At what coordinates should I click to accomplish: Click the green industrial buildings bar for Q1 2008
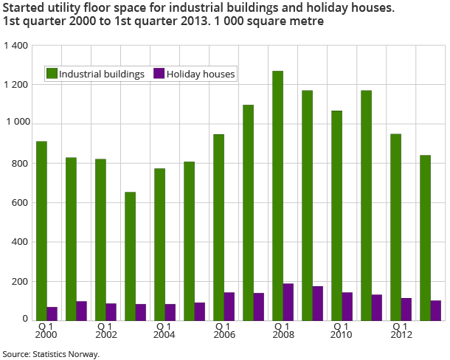pyautogui.click(x=277, y=195)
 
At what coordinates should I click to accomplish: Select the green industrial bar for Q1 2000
pyautogui.click(x=41, y=231)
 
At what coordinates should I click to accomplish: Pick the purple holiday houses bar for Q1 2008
pyautogui.click(x=288, y=302)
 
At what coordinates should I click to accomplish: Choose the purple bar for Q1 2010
pyautogui.click(x=347, y=306)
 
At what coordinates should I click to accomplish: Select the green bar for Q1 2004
pyautogui.click(x=159, y=244)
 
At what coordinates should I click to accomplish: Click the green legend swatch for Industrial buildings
pyautogui.click(x=52, y=74)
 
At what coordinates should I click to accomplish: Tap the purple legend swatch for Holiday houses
pyautogui.click(x=159, y=74)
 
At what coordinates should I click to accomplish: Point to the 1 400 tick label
pyautogui.click(x=15, y=46)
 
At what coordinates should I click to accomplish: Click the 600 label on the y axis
pyautogui.click(x=20, y=203)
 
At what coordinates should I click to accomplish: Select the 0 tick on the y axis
pyautogui.click(x=25, y=320)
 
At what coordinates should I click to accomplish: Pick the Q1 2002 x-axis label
pyautogui.click(x=105, y=330)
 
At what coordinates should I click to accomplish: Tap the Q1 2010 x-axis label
pyautogui.click(x=342, y=330)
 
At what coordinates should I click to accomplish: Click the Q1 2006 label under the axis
pyautogui.click(x=224, y=330)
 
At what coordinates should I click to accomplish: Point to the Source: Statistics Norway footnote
pyautogui.click(x=50, y=354)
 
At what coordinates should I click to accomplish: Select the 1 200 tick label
pyautogui.click(x=15, y=85)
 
